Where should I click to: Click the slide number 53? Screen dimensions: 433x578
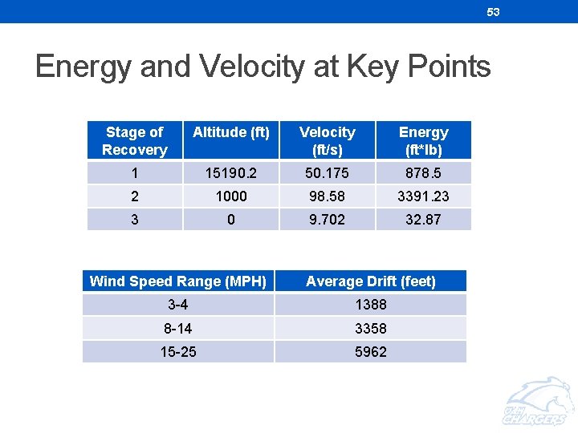493,12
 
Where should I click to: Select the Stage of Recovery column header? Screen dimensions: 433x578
134,140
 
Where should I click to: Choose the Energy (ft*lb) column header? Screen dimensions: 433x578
423,140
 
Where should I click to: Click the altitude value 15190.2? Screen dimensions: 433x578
231,173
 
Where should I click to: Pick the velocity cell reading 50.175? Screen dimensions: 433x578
327,173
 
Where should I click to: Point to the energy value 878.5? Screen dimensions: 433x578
423,173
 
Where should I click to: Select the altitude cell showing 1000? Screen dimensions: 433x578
231,196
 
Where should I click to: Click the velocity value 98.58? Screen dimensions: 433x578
327,196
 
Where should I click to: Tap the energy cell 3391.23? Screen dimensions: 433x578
423,196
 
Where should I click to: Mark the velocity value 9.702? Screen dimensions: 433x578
327,220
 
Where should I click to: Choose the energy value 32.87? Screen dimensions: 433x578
423,220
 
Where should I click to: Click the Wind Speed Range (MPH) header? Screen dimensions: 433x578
178,281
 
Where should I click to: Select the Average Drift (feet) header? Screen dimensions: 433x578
371,281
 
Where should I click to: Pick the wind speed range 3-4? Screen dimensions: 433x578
178,305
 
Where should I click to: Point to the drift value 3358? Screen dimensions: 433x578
371,329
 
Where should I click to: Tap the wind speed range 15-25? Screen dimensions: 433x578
178,352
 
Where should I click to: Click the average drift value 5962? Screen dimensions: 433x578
371,352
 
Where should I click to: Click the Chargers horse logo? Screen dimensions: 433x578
535,402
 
